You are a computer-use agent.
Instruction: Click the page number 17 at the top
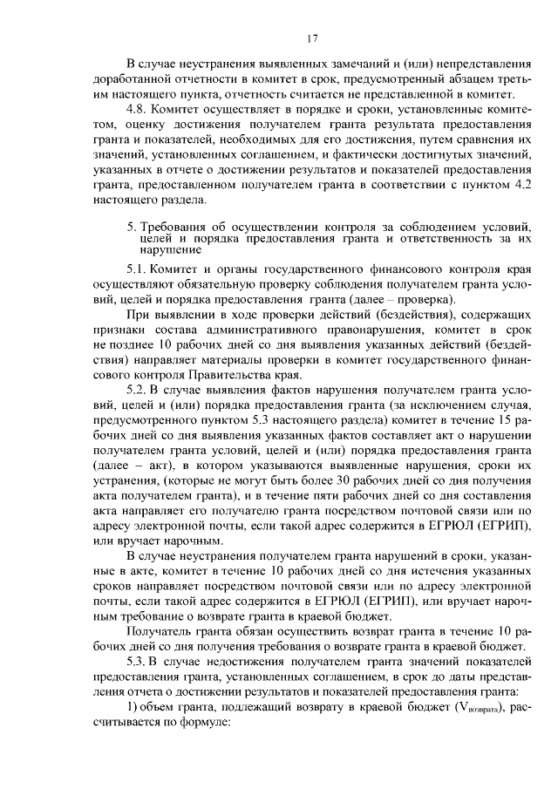[x=311, y=38]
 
